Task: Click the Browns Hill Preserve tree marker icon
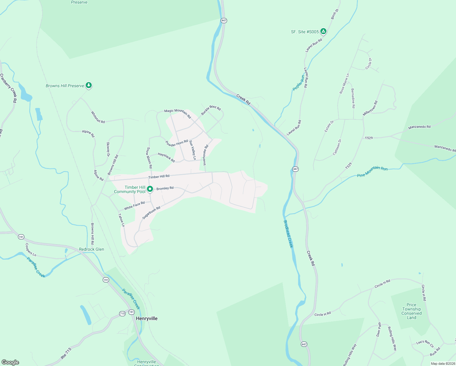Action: pos(89,85)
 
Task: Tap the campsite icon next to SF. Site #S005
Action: pos(323,31)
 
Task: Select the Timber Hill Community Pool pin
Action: pos(150,189)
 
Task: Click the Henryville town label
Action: pos(147,318)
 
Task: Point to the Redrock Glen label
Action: pos(91,249)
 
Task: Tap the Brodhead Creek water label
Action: pos(288,234)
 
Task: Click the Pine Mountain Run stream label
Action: pos(372,172)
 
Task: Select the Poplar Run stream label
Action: pos(299,83)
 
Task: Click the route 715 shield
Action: pos(122,314)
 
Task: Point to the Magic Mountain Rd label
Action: pos(177,114)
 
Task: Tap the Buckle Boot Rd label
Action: pos(211,110)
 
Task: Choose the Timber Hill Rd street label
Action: pos(159,177)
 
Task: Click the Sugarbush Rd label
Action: pos(151,213)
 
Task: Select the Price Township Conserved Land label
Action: pos(411,311)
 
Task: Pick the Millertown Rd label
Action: pos(370,108)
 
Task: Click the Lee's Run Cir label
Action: pos(425,343)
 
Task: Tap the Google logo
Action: pos(10,362)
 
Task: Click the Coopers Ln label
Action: pos(31,250)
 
